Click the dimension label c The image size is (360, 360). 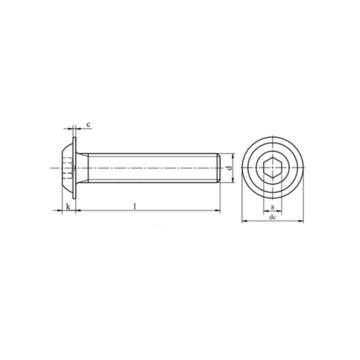coord(88,124)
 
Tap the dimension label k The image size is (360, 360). coord(68,206)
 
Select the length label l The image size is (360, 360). coord(135,206)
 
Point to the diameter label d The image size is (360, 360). coord(229,168)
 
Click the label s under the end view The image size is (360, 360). coord(272,207)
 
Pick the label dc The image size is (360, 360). coord(272,217)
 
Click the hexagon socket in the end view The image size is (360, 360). coord(272,167)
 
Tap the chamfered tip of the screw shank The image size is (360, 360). coord(219,168)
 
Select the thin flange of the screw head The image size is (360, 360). coord(74,168)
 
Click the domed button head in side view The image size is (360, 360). coord(67,168)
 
